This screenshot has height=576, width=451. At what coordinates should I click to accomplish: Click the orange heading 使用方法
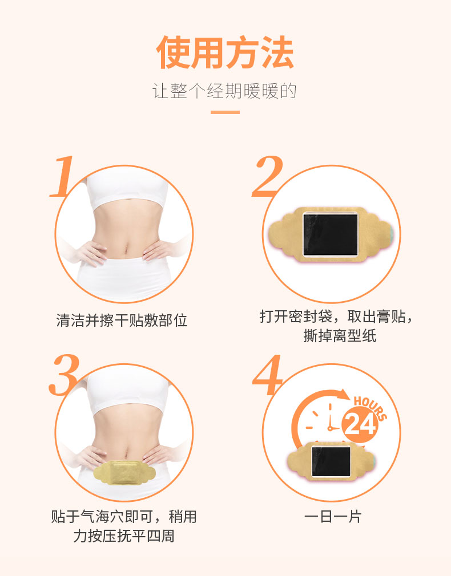[x=225, y=52]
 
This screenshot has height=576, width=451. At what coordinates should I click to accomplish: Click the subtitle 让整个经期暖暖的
[x=225, y=91]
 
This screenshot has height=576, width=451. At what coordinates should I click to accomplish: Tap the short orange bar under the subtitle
[x=225, y=112]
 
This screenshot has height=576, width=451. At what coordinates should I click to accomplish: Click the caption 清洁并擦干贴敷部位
[x=122, y=321]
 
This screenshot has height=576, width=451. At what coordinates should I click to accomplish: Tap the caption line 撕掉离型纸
[x=340, y=336]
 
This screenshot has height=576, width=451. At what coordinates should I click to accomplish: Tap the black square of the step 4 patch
[x=331, y=461]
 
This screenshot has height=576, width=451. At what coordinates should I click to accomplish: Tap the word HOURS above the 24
[x=371, y=407]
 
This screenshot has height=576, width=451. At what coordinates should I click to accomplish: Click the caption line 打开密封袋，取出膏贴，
[x=337, y=317]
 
